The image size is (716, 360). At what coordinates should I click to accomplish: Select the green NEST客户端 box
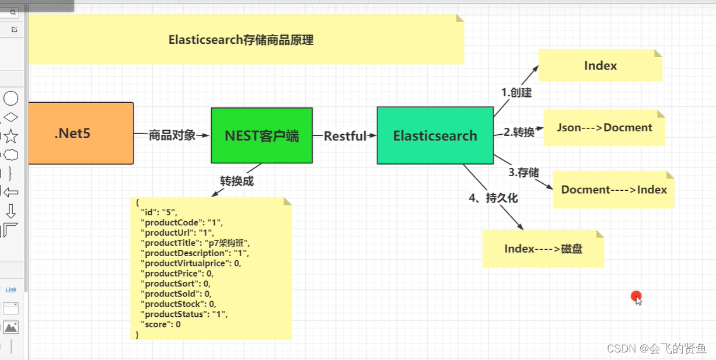click(x=261, y=136)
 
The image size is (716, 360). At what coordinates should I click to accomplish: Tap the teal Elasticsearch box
click(x=435, y=136)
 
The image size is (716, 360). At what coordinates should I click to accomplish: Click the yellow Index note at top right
click(x=600, y=65)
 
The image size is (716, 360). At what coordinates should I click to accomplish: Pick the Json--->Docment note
click(x=604, y=127)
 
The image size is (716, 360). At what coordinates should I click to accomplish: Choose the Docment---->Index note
click(x=613, y=190)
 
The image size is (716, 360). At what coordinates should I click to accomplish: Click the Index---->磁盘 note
click(x=543, y=249)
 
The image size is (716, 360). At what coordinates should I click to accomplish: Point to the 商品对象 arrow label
click(x=172, y=135)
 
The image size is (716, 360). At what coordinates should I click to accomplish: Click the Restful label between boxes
click(x=345, y=136)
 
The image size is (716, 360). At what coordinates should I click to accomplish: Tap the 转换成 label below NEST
click(x=236, y=181)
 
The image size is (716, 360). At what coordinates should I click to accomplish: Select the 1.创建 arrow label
click(x=516, y=93)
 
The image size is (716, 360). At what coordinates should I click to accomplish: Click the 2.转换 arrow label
click(x=519, y=132)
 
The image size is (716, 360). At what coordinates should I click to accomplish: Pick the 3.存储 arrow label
click(x=523, y=172)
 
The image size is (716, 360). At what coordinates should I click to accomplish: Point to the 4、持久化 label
click(x=493, y=198)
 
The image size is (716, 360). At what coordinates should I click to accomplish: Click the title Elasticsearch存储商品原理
click(x=241, y=40)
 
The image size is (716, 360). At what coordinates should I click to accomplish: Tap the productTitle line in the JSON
click(x=195, y=243)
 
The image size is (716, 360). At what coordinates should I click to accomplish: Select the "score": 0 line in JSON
click(x=160, y=324)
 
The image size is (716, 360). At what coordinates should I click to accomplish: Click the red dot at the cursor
click(x=635, y=296)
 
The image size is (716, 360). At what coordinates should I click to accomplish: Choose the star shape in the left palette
click(x=11, y=136)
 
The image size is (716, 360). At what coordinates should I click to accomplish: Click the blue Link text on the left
click(x=11, y=289)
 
